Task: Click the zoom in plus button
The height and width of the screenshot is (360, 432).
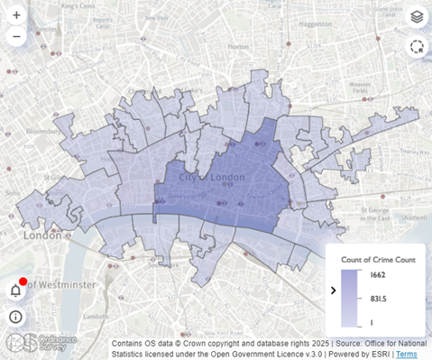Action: click(16, 15)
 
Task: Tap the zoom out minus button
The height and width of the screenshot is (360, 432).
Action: click(16, 37)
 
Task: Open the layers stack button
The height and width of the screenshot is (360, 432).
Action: click(416, 16)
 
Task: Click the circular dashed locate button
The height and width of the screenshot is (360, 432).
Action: click(416, 47)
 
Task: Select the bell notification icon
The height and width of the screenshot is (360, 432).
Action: click(15, 290)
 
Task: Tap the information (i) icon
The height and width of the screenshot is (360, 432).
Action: click(15, 316)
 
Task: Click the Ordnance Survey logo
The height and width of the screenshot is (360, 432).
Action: click(41, 343)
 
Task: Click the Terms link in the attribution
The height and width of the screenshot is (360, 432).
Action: click(407, 355)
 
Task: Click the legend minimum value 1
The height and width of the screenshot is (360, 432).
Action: click(371, 322)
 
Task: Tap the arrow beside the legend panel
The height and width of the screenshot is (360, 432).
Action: click(334, 290)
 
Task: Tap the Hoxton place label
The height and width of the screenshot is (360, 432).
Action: click(238, 45)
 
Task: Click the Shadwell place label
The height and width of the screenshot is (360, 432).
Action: click(415, 217)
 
